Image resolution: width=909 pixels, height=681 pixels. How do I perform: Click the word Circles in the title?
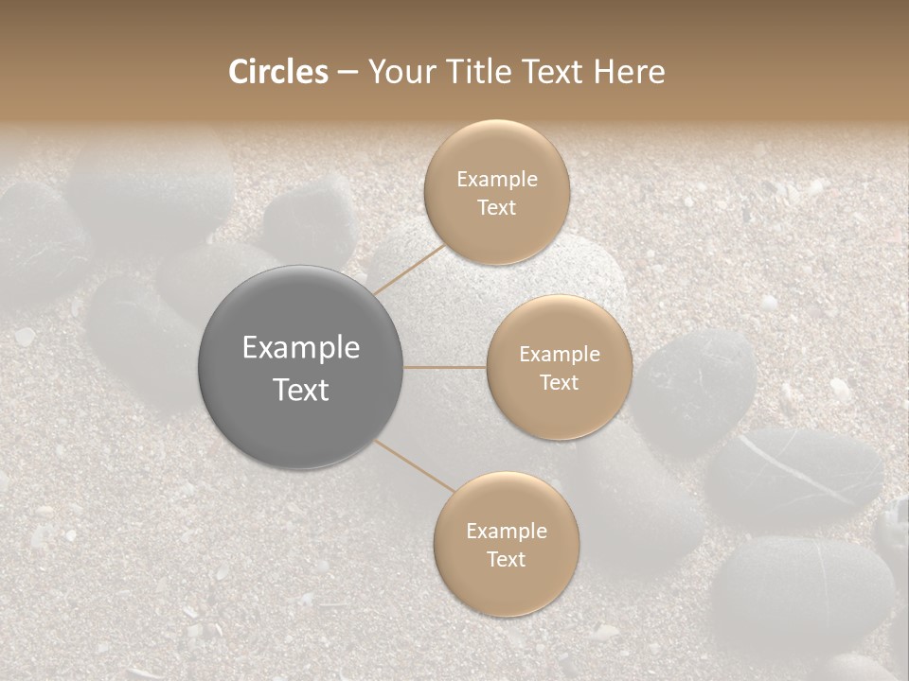[x=278, y=72]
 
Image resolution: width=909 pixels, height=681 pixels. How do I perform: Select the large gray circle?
[x=301, y=367]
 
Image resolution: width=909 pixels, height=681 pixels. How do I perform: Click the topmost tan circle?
[x=496, y=192]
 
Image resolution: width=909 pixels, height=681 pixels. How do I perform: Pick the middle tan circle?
[x=560, y=367]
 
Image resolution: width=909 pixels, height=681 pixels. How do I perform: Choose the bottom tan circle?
[x=507, y=544]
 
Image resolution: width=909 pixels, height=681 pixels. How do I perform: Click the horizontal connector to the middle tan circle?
[x=444, y=367]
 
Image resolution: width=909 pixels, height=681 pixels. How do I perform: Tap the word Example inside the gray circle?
[x=301, y=348]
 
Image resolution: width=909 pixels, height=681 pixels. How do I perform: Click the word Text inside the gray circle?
[x=301, y=390]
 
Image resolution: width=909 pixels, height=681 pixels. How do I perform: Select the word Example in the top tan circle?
[x=497, y=180]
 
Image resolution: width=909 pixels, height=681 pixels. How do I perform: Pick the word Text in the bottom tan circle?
[x=507, y=559]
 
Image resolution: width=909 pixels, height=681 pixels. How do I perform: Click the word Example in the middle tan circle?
[x=560, y=355]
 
